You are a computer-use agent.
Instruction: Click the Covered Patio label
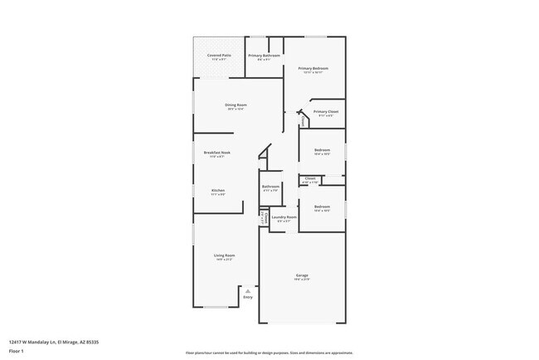coord(220,56)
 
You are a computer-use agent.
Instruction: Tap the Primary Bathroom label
coord(265,56)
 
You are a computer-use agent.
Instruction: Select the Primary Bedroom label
coord(313,68)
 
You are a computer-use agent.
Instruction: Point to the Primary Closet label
coord(326,111)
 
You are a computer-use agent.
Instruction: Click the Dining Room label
coord(236,105)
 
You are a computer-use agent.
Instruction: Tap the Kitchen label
coord(218,191)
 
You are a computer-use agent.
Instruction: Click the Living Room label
coord(224,255)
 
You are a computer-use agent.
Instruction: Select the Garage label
coord(303,275)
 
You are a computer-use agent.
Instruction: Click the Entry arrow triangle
coord(247,290)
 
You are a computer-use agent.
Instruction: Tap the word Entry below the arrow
coord(247,297)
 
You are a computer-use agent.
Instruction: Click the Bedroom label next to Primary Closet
coord(322,150)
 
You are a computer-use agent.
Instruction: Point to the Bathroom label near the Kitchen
coord(270,187)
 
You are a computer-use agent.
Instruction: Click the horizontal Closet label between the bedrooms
coord(310,178)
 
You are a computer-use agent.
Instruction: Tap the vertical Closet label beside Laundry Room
coord(264,217)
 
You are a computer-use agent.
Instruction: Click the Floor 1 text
coord(17,350)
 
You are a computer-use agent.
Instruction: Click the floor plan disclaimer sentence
coord(269,352)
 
